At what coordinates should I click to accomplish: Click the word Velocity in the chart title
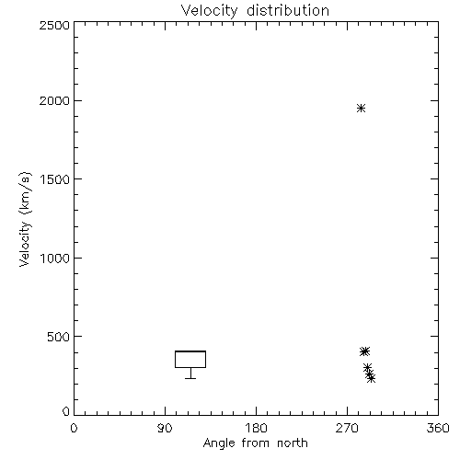coord(209,10)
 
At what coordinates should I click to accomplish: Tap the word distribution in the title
coord(288,10)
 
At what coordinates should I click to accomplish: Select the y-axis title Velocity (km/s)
coord(25,219)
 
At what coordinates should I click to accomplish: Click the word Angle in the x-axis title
coord(219,443)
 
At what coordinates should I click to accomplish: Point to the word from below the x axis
coord(256,443)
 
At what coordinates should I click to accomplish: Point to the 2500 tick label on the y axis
coord(54,25)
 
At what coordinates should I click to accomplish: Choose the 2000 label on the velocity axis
coord(54,100)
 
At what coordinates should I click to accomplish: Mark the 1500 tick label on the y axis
coord(55,179)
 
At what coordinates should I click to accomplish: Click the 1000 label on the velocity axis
coord(55,259)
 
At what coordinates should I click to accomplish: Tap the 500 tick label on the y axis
coord(58,337)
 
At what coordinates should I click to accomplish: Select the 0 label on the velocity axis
coord(66,411)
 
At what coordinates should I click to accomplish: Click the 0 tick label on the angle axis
coord(74,428)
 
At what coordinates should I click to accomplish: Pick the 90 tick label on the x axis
coord(165,428)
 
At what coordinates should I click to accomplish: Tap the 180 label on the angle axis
coord(256,428)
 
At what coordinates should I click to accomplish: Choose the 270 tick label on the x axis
coord(347,428)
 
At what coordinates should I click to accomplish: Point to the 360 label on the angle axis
coord(438,428)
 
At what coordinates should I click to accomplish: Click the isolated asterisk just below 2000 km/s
coord(361,108)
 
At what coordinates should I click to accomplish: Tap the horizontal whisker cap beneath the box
coord(190,378)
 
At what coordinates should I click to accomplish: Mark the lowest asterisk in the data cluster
coord(371,378)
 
